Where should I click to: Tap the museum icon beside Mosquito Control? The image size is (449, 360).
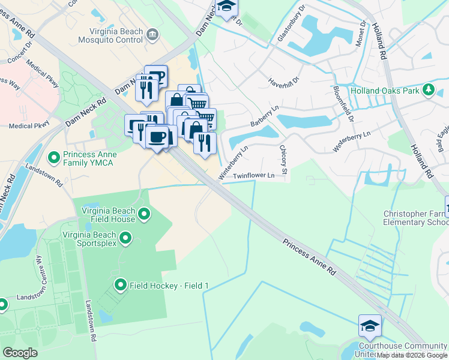[x=152, y=34]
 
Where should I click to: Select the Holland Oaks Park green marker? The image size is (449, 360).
[x=428, y=91]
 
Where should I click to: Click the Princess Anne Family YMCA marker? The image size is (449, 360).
[x=54, y=158]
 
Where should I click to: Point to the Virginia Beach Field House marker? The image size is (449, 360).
[x=144, y=214]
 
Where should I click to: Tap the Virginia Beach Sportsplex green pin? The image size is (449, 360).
[x=125, y=239]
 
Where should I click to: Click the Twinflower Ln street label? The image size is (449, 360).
[x=253, y=176]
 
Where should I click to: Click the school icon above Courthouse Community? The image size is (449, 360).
[x=370, y=326]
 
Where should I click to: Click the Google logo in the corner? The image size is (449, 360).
[x=20, y=353]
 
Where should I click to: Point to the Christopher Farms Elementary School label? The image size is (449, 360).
[x=416, y=218]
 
